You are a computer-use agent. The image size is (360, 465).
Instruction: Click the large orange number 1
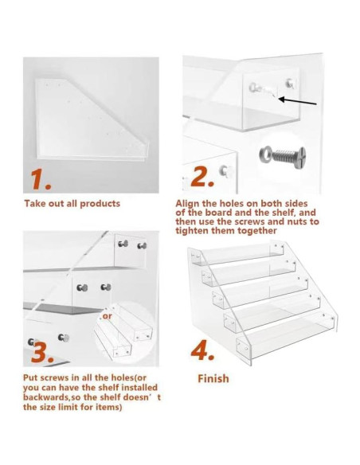[x=40, y=180]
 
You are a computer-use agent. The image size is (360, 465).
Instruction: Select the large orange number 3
[x=43, y=352]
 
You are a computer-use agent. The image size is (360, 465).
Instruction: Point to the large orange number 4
[x=202, y=351]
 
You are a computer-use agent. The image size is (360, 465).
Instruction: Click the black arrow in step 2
[x=298, y=101]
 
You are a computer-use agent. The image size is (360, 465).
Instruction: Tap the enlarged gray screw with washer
[x=282, y=155]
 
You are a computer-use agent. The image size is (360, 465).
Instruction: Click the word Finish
[x=213, y=379]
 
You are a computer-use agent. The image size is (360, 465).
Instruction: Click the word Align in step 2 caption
[x=188, y=204]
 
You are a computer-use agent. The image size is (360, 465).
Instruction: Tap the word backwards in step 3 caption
[x=48, y=397]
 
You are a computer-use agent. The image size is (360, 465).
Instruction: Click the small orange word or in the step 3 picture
[x=107, y=316]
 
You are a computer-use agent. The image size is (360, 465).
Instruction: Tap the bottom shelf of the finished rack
[x=286, y=334]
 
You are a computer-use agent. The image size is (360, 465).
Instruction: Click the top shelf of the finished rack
[x=239, y=252]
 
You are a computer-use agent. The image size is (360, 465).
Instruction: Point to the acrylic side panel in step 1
[x=92, y=119]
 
